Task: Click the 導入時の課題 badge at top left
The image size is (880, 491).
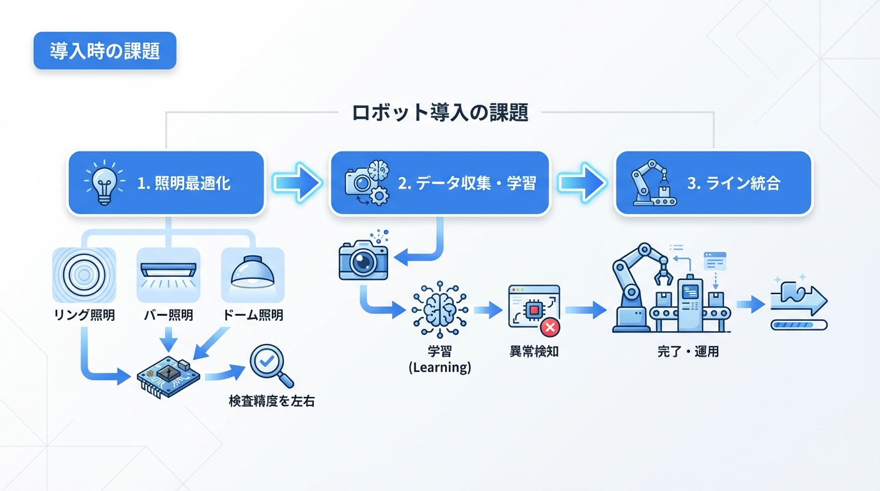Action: [105, 51]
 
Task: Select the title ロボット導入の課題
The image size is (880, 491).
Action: [440, 113]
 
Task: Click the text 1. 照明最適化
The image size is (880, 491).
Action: [184, 184]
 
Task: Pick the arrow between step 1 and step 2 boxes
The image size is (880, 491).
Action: [296, 183]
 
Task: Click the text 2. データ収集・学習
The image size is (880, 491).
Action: [467, 184]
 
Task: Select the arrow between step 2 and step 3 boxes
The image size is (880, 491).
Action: [581, 183]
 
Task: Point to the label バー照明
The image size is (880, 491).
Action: [168, 315]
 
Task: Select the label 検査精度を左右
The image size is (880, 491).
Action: [272, 402]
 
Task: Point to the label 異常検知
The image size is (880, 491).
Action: [533, 352]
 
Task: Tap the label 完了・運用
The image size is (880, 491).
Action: [688, 352]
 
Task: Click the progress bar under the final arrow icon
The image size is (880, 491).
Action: [799, 325]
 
